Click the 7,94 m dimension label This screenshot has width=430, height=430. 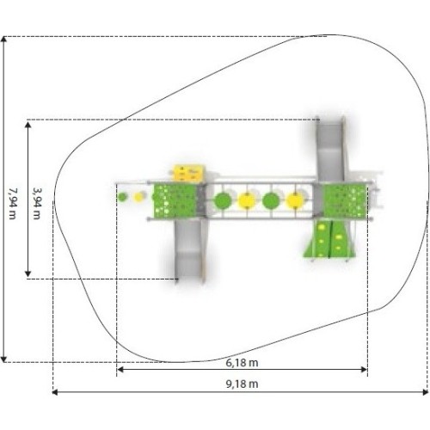(x=12, y=203)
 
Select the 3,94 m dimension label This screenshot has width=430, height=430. (x=37, y=203)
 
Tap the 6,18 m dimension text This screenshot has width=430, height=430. (x=242, y=363)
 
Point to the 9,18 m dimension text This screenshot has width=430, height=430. (x=242, y=384)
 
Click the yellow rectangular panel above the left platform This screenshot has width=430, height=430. (x=188, y=173)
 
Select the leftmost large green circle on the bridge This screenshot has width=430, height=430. (x=224, y=201)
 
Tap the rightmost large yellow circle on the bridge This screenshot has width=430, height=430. (x=295, y=201)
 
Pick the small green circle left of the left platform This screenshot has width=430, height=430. (x=122, y=197)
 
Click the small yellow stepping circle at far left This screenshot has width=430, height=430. (x=138, y=197)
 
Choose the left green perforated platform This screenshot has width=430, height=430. (x=175, y=200)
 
